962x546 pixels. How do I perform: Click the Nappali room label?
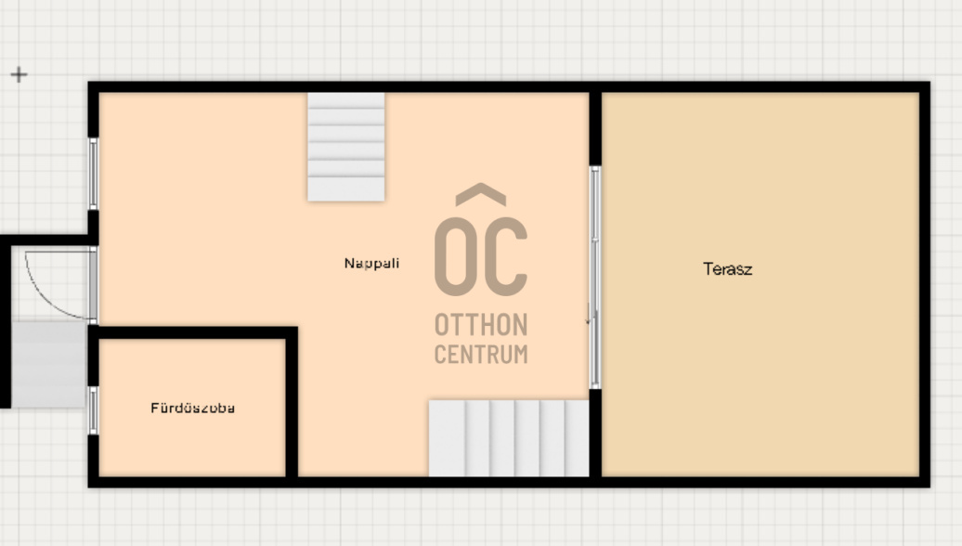[x=371, y=263]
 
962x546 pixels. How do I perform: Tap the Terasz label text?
[x=728, y=268]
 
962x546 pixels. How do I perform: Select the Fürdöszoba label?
[x=192, y=408]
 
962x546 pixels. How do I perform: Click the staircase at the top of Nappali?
[x=346, y=147]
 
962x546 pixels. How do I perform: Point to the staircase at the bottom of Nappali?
[x=509, y=438]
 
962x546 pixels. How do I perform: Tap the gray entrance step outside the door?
[x=49, y=364]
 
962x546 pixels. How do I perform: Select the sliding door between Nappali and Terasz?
[x=594, y=278]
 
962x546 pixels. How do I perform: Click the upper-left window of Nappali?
[x=93, y=174]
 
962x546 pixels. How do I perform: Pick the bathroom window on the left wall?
[x=93, y=410]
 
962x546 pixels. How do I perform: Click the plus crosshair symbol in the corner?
[x=19, y=75]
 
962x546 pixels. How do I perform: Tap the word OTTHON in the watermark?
[x=481, y=324]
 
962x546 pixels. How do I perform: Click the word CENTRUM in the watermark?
[x=481, y=354]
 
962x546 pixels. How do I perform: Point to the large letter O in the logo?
[x=455, y=256]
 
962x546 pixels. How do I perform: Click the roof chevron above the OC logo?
[x=481, y=194]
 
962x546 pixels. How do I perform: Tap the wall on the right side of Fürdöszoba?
[x=292, y=402]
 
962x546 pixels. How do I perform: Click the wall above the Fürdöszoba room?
[x=192, y=333]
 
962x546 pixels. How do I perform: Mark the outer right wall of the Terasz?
[x=925, y=284]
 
